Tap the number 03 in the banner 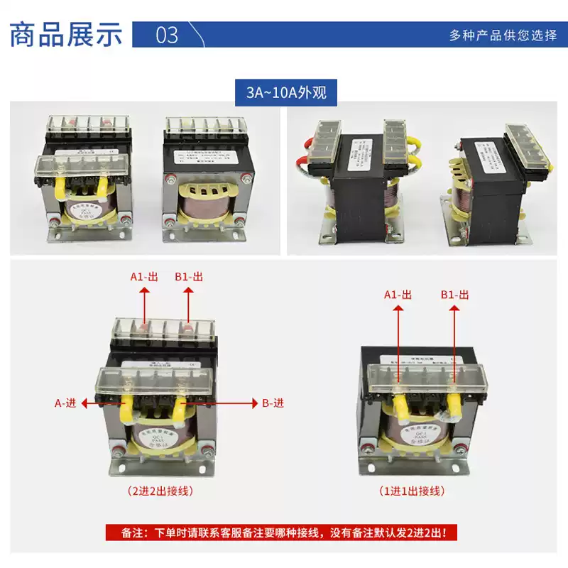(x=167, y=34)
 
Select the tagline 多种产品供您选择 (x=503, y=35)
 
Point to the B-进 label (x=273, y=403)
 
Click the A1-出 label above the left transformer (x=144, y=277)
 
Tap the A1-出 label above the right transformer (x=398, y=294)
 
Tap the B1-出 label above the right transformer (x=455, y=294)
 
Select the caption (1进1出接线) (x=412, y=491)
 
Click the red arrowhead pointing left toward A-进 (x=85, y=403)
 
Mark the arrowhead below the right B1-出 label (x=455, y=309)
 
